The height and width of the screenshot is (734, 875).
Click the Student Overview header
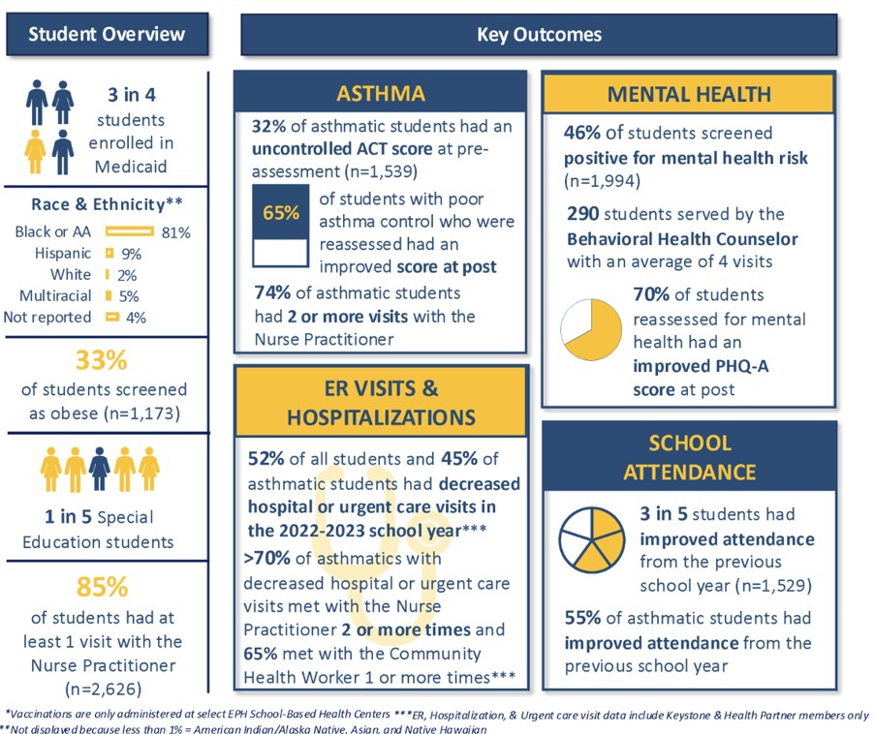coord(107,35)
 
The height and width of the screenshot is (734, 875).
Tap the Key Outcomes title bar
coord(539,35)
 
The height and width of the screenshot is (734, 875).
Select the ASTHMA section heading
coord(381,94)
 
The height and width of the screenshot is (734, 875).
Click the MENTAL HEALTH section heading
coord(689,94)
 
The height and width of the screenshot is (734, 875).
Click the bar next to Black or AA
coord(129,231)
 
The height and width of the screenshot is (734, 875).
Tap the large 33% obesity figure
coord(103,360)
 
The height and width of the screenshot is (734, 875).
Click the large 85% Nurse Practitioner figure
coord(103,588)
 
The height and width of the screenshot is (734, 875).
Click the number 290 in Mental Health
coord(579,213)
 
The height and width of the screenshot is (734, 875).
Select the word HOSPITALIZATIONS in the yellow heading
coord(382,417)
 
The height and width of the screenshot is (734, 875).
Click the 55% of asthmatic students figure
coord(582,618)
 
